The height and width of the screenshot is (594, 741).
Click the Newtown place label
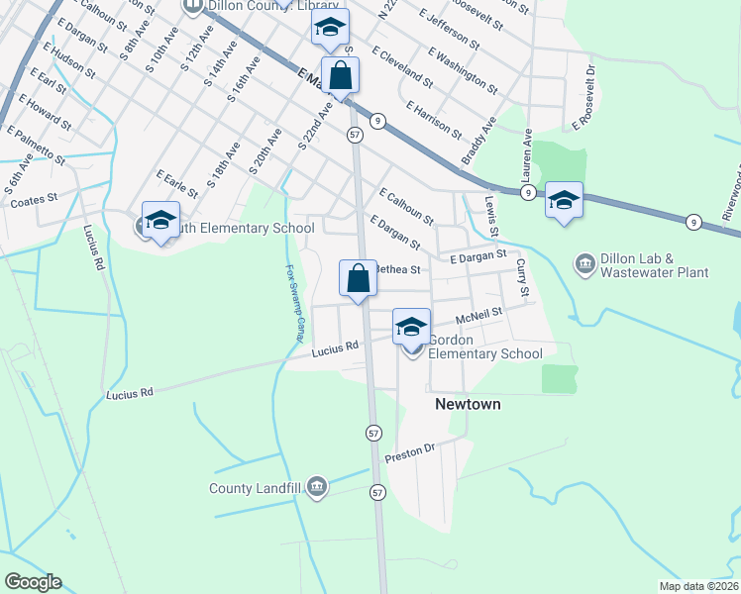(468, 405)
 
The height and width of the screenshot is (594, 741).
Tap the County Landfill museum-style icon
(317, 486)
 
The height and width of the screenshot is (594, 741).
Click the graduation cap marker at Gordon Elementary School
(411, 326)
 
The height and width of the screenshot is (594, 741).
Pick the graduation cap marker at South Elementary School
(159, 220)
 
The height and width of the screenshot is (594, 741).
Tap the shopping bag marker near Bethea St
(358, 278)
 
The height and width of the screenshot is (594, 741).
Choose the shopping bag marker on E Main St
(340, 75)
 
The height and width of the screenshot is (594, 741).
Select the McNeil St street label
(480, 315)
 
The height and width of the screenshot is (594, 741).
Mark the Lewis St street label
(492, 215)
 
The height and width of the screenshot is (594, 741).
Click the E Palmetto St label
(36, 145)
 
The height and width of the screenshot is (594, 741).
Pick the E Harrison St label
(433, 118)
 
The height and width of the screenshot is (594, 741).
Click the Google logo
(33, 582)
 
